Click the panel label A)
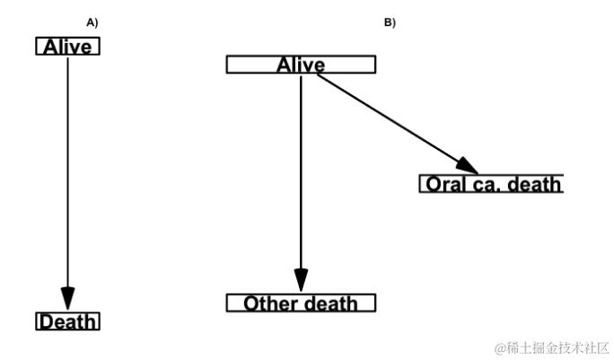[x=92, y=21]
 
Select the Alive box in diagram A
[x=67, y=47]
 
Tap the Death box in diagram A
[x=67, y=321]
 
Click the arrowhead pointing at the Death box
[x=67, y=299]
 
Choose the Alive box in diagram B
[x=301, y=65]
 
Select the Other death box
[x=301, y=303]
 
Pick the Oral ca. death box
[x=492, y=184]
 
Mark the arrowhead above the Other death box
[x=301, y=280]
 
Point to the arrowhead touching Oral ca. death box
[x=468, y=166]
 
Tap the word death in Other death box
[x=329, y=303]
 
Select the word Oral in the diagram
[x=446, y=185]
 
